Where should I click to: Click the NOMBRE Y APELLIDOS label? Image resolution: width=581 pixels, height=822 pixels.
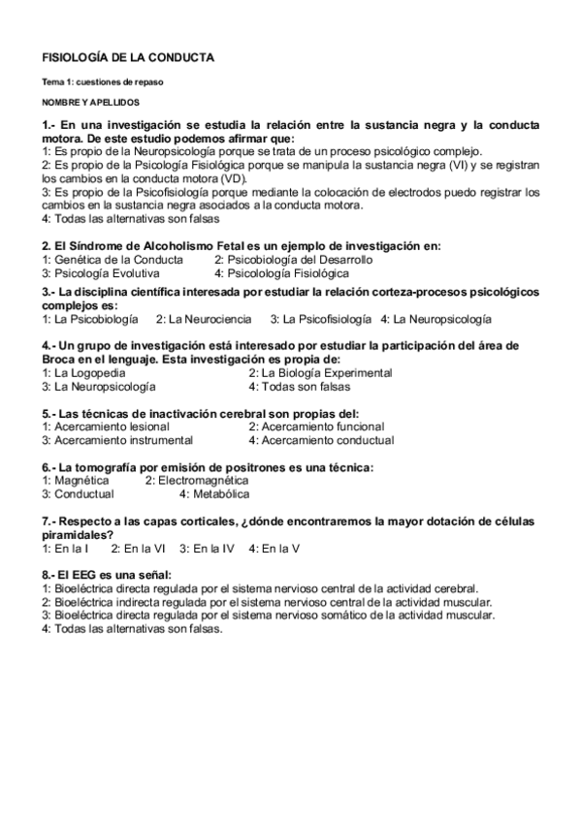(x=90, y=101)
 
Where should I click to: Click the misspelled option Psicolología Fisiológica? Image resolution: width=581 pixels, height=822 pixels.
(x=281, y=273)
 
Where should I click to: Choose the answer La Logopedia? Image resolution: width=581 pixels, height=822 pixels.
(x=82, y=372)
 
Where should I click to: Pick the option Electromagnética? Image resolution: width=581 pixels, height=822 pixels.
(x=194, y=480)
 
